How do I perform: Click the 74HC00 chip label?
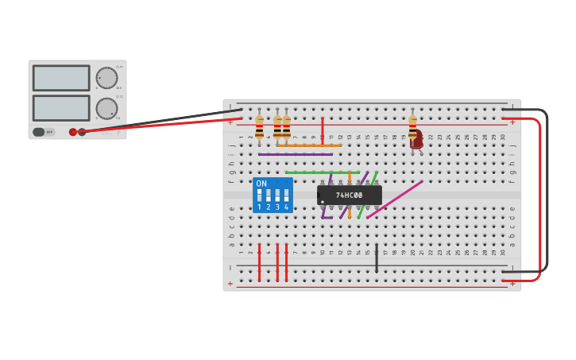(x=349, y=195)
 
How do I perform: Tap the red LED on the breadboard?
(x=416, y=141)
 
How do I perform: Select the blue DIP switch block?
(x=273, y=195)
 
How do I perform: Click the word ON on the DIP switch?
(x=261, y=184)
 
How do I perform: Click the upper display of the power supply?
(x=61, y=78)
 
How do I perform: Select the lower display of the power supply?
(x=61, y=107)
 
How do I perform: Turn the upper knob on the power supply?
(x=106, y=78)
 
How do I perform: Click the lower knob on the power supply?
(x=106, y=108)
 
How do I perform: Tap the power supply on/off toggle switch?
(x=39, y=132)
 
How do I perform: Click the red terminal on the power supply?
(x=73, y=132)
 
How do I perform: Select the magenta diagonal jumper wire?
(x=395, y=199)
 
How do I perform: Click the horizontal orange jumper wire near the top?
(x=309, y=145)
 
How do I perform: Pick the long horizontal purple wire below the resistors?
(x=295, y=154)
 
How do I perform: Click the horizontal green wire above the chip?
(x=322, y=172)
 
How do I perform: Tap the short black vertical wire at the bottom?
(x=377, y=259)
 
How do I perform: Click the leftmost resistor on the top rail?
(x=259, y=126)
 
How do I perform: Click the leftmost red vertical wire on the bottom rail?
(x=259, y=262)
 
